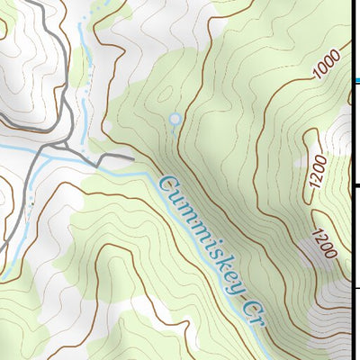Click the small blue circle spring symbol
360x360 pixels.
[175, 118]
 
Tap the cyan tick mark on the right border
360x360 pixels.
[356, 80]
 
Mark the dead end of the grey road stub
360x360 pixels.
[132, 157]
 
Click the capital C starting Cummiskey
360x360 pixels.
[166, 186]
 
